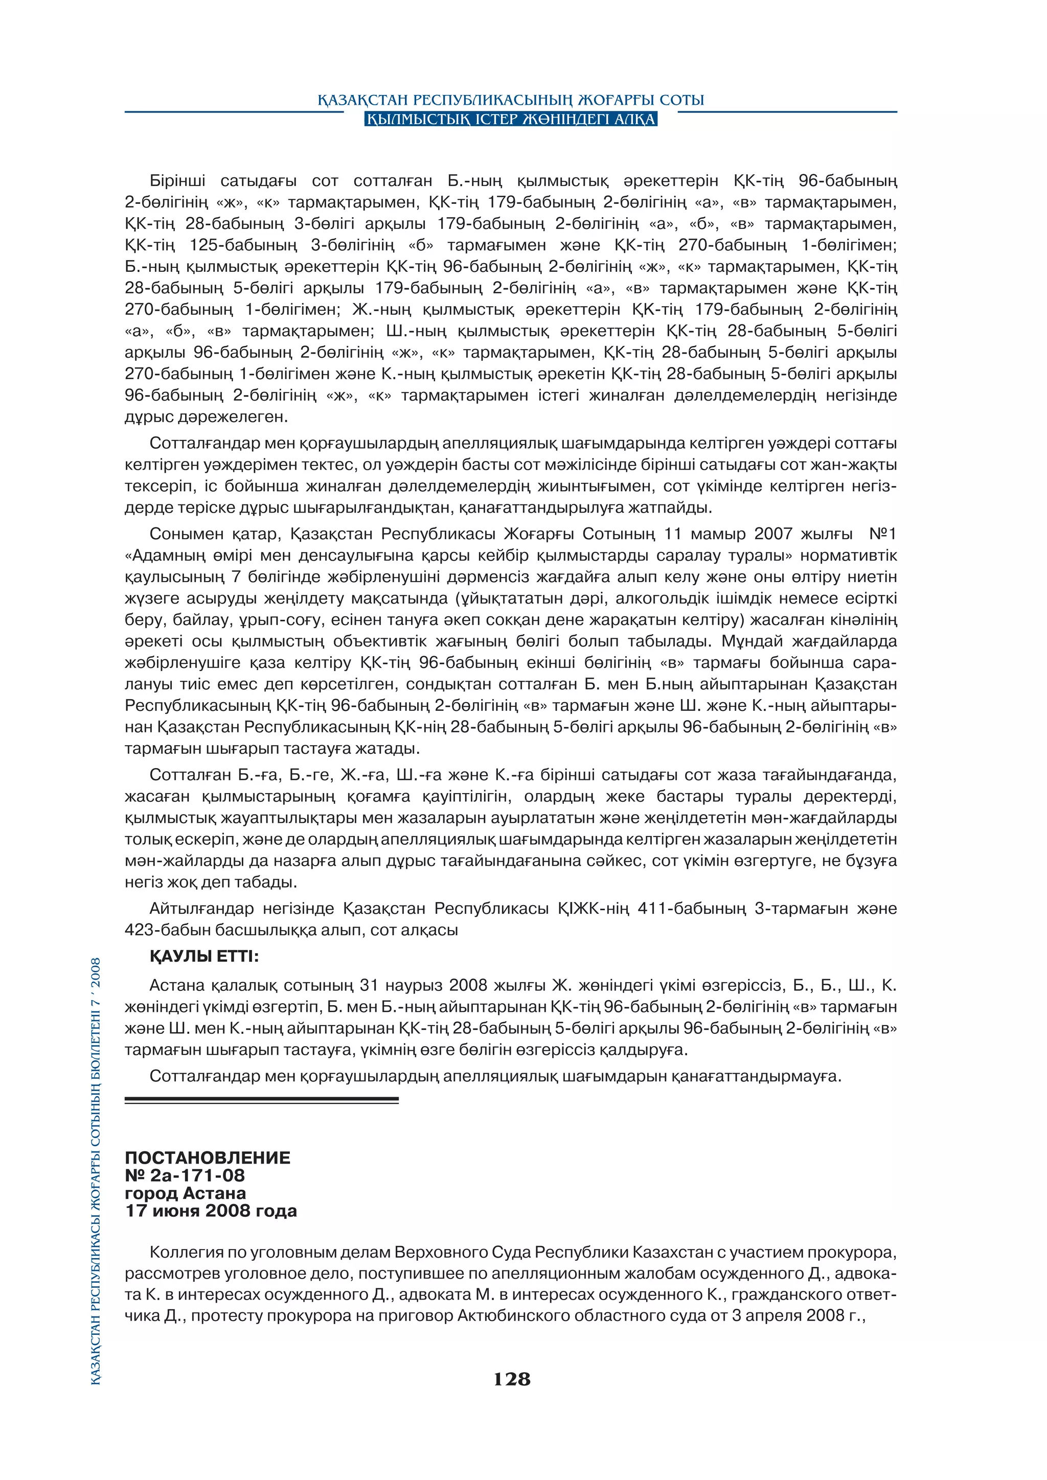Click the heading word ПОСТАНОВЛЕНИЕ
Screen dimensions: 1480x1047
207,1158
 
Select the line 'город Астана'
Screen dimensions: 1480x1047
185,1193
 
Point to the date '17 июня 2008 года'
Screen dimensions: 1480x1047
211,1211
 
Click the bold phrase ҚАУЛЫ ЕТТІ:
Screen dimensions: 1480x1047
204,957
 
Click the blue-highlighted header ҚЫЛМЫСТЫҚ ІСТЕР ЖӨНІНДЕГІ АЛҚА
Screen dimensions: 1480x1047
511,119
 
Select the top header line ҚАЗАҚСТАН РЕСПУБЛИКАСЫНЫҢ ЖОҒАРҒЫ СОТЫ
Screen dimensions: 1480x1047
511,101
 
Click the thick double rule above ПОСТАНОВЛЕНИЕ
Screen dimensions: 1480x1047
261,1100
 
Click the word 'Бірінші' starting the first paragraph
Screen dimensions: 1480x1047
177,181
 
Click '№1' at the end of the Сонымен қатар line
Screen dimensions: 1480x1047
882,534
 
